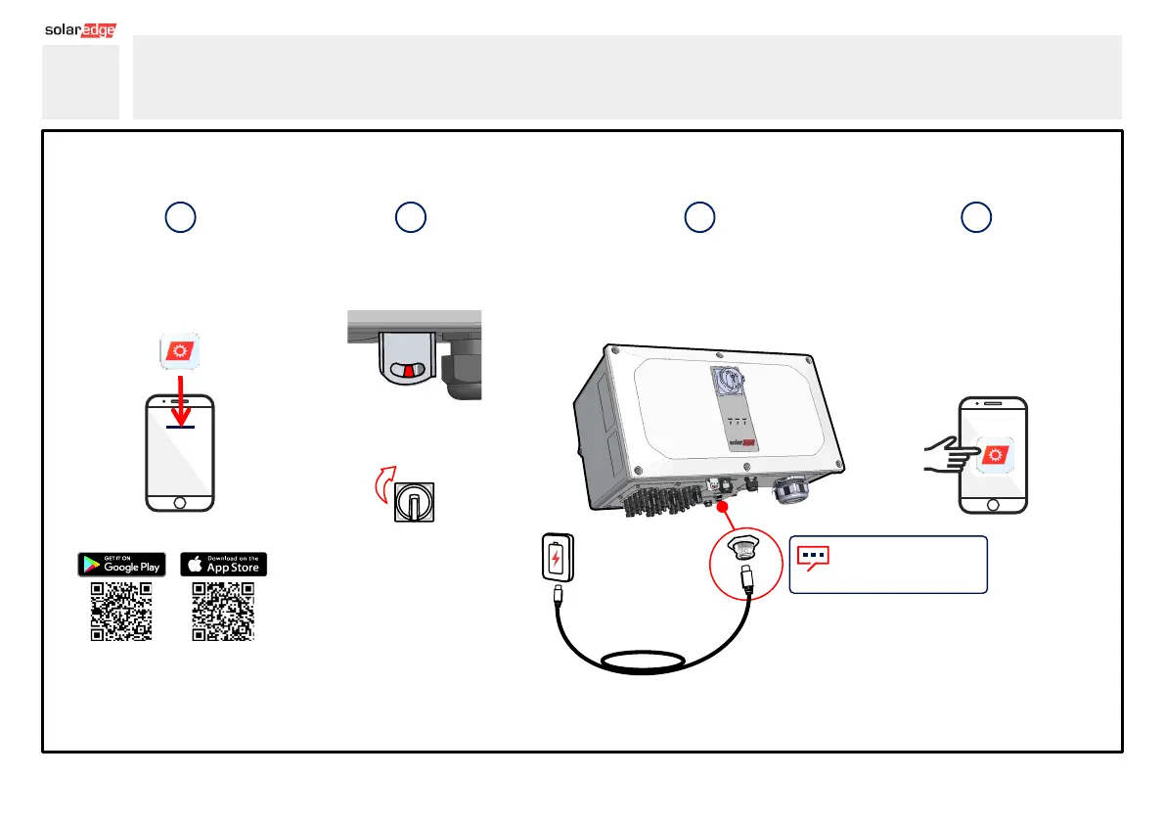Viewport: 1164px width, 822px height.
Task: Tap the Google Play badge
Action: click(122, 565)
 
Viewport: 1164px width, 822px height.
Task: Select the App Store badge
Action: click(223, 565)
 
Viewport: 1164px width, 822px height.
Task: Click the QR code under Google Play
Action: click(121, 612)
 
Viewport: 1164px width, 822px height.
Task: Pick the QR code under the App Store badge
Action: click(223, 612)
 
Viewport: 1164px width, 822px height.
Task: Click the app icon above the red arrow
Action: click(180, 350)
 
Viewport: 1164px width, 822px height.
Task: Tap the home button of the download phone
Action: click(179, 501)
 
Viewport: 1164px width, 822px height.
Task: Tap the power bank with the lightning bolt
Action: click(556, 559)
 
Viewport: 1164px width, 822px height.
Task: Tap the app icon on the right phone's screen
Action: click(996, 456)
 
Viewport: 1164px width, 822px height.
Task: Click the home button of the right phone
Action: click(994, 503)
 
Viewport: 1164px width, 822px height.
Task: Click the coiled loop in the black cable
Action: click(649, 663)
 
